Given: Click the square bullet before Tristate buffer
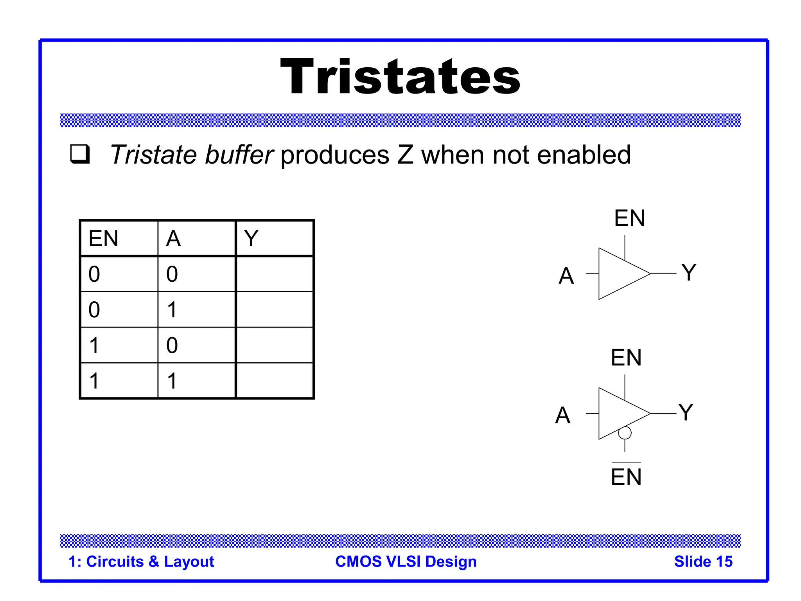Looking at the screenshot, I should pos(80,154).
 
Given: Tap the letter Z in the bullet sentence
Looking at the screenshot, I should pos(405,155).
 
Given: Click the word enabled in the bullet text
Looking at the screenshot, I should pos(584,155).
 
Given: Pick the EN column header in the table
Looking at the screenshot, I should pos(104,238).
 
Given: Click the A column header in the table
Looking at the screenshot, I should pos(173,238).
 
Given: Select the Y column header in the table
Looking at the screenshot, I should pos(251,238).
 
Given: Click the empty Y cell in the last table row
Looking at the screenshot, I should pos(275,380).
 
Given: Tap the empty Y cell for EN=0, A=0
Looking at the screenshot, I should pos(275,274).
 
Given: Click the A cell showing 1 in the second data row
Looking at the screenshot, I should pos(172,309).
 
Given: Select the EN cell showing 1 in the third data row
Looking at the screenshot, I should pos(94,345).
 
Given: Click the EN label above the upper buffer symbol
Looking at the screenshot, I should pos(629,218).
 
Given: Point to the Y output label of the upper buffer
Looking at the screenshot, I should pos(689,272).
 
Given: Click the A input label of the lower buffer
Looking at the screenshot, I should pos(562,415).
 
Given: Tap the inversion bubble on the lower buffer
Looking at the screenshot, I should pos(625,433).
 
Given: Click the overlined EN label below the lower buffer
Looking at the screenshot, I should pos(626,477).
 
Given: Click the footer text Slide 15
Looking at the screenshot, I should pos(703,561).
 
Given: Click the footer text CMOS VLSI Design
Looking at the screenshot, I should pos(406,561).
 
